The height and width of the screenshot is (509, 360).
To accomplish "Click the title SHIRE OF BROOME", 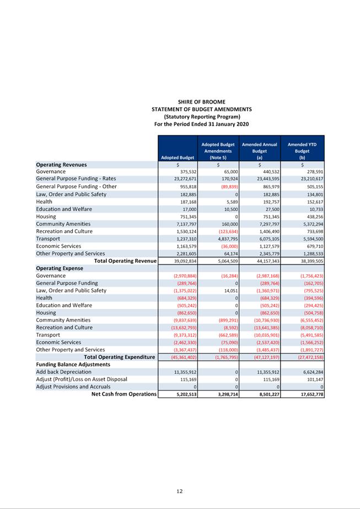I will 201,101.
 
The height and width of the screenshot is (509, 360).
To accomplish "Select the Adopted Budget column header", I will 178,157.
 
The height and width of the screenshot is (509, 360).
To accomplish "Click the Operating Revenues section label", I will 61,164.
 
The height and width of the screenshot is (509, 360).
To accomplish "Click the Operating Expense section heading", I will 60,268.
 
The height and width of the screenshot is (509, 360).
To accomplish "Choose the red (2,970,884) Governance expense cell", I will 182,275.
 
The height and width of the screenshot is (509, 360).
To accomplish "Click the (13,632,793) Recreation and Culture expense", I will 181,327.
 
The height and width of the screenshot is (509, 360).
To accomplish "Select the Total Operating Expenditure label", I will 119,357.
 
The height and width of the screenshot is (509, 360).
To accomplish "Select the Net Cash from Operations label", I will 124,394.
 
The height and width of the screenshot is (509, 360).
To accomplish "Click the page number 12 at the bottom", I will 180,491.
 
